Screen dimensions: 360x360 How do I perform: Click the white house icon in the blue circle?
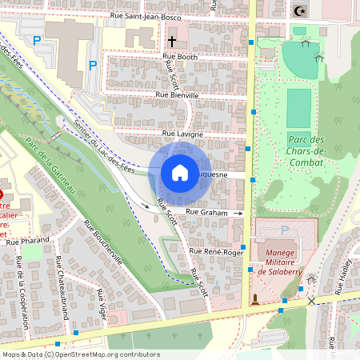tap(180, 173)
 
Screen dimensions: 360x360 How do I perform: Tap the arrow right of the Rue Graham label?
tap(238, 213)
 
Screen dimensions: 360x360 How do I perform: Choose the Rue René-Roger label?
tap(215, 252)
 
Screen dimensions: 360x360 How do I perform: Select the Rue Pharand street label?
tap(28, 240)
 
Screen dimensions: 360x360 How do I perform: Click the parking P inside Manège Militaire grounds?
tap(285, 230)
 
